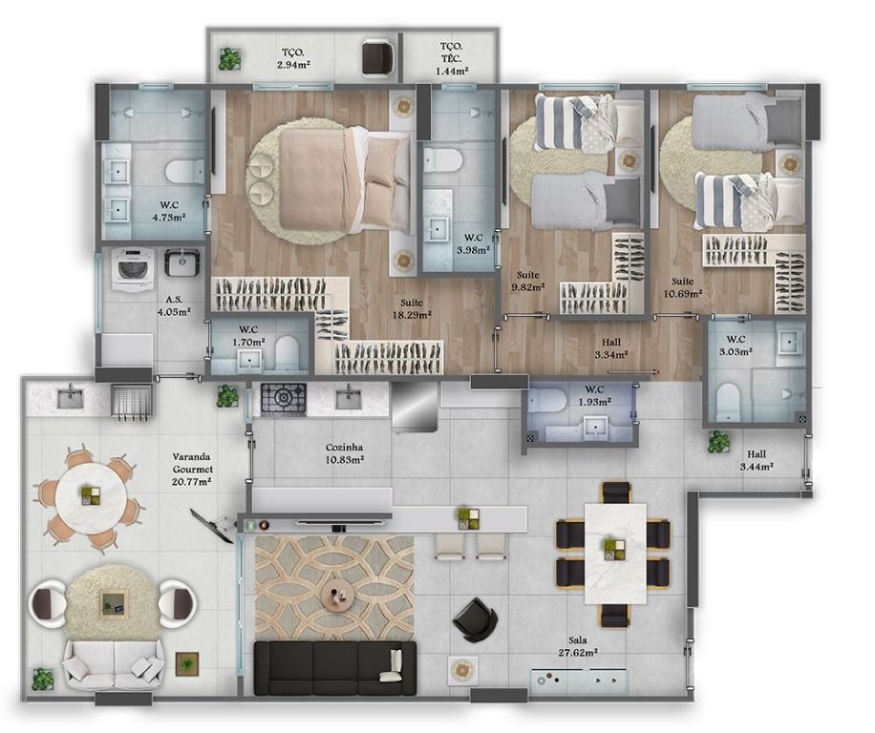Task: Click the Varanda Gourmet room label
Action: pyautogui.click(x=192, y=463)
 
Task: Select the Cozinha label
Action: pyautogui.click(x=344, y=447)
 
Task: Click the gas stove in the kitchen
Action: pyautogui.click(x=284, y=399)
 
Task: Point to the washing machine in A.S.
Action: pyautogui.click(x=132, y=269)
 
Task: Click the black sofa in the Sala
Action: pyautogui.click(x=335, y=668)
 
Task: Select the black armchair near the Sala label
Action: pyautogui.click(x=475, y=619)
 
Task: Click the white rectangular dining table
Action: pyautogui.click(x=615, y=554)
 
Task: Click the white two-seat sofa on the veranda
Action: pyautogui.click(x=114, y=664)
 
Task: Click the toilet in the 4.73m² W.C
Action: pyautogui.click(x=185, y=172)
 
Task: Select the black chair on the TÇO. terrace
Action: pyautogui.click(x=377, y=57)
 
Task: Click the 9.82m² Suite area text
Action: pyautogui.click(x=527, y=287)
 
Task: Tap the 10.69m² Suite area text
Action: pyautogui.click(x=682, y=294)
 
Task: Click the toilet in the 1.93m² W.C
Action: pyautogui.click(x=546, y=401)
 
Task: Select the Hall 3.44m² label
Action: pyautogui.click(x=757, y=460)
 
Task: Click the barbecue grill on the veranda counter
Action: pyautogui.click(x=132, y=400)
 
